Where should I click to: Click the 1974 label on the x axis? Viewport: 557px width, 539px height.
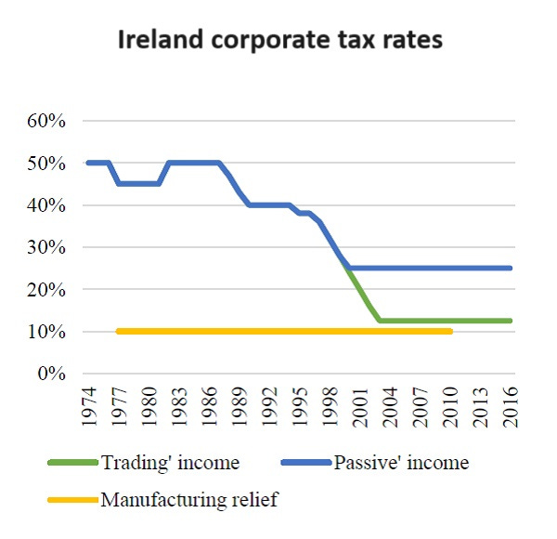(x=89, y=406)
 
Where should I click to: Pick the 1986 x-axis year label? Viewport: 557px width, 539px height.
(x=211, y=406)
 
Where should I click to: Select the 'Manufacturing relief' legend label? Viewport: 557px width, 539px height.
(x=188, y=500)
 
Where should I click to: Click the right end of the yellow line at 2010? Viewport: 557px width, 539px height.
(x=451, y=331)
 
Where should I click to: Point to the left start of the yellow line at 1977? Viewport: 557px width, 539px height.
(x=119, y=331)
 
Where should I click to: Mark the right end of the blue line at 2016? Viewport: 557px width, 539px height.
(x=511, y=268)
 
